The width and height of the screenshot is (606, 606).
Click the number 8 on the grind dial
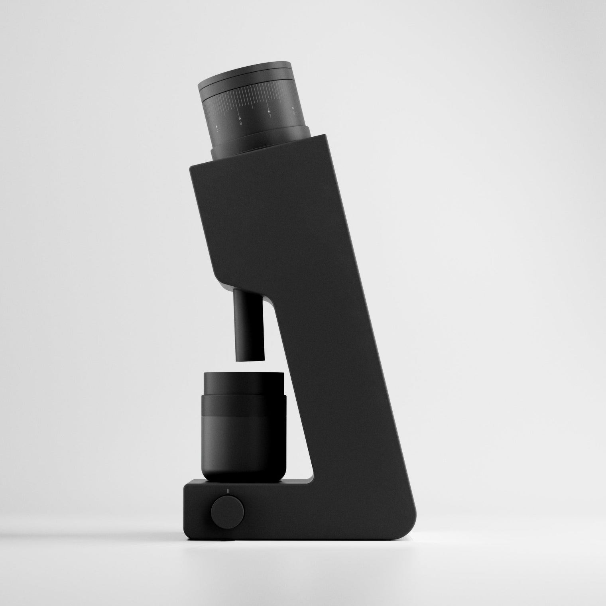[x=241, y=124]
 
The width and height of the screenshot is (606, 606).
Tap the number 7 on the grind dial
[x=270, y=116]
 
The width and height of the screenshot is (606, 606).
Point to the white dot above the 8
[x=239, y=118]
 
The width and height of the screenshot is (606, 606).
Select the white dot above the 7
[x=268, y=111]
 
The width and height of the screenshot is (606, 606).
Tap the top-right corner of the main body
[x=326, y=137]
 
